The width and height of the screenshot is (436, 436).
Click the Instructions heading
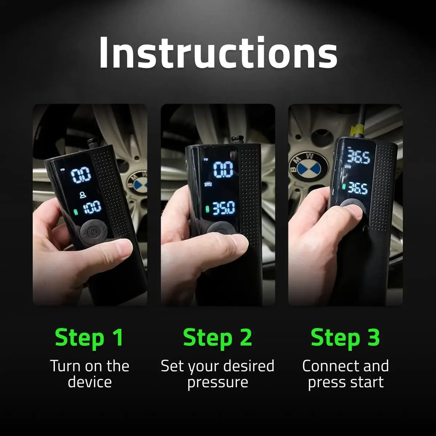pos(218,53)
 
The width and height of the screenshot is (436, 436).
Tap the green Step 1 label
pos(89,337)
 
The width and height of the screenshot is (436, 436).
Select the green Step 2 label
pos(217,337)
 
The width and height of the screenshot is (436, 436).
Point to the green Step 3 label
pos(345,337)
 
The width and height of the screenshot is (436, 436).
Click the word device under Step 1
pos(89,382)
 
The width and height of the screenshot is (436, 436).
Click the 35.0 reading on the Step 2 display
pos(223,208)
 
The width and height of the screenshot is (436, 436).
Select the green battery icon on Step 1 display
pos(76,211)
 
